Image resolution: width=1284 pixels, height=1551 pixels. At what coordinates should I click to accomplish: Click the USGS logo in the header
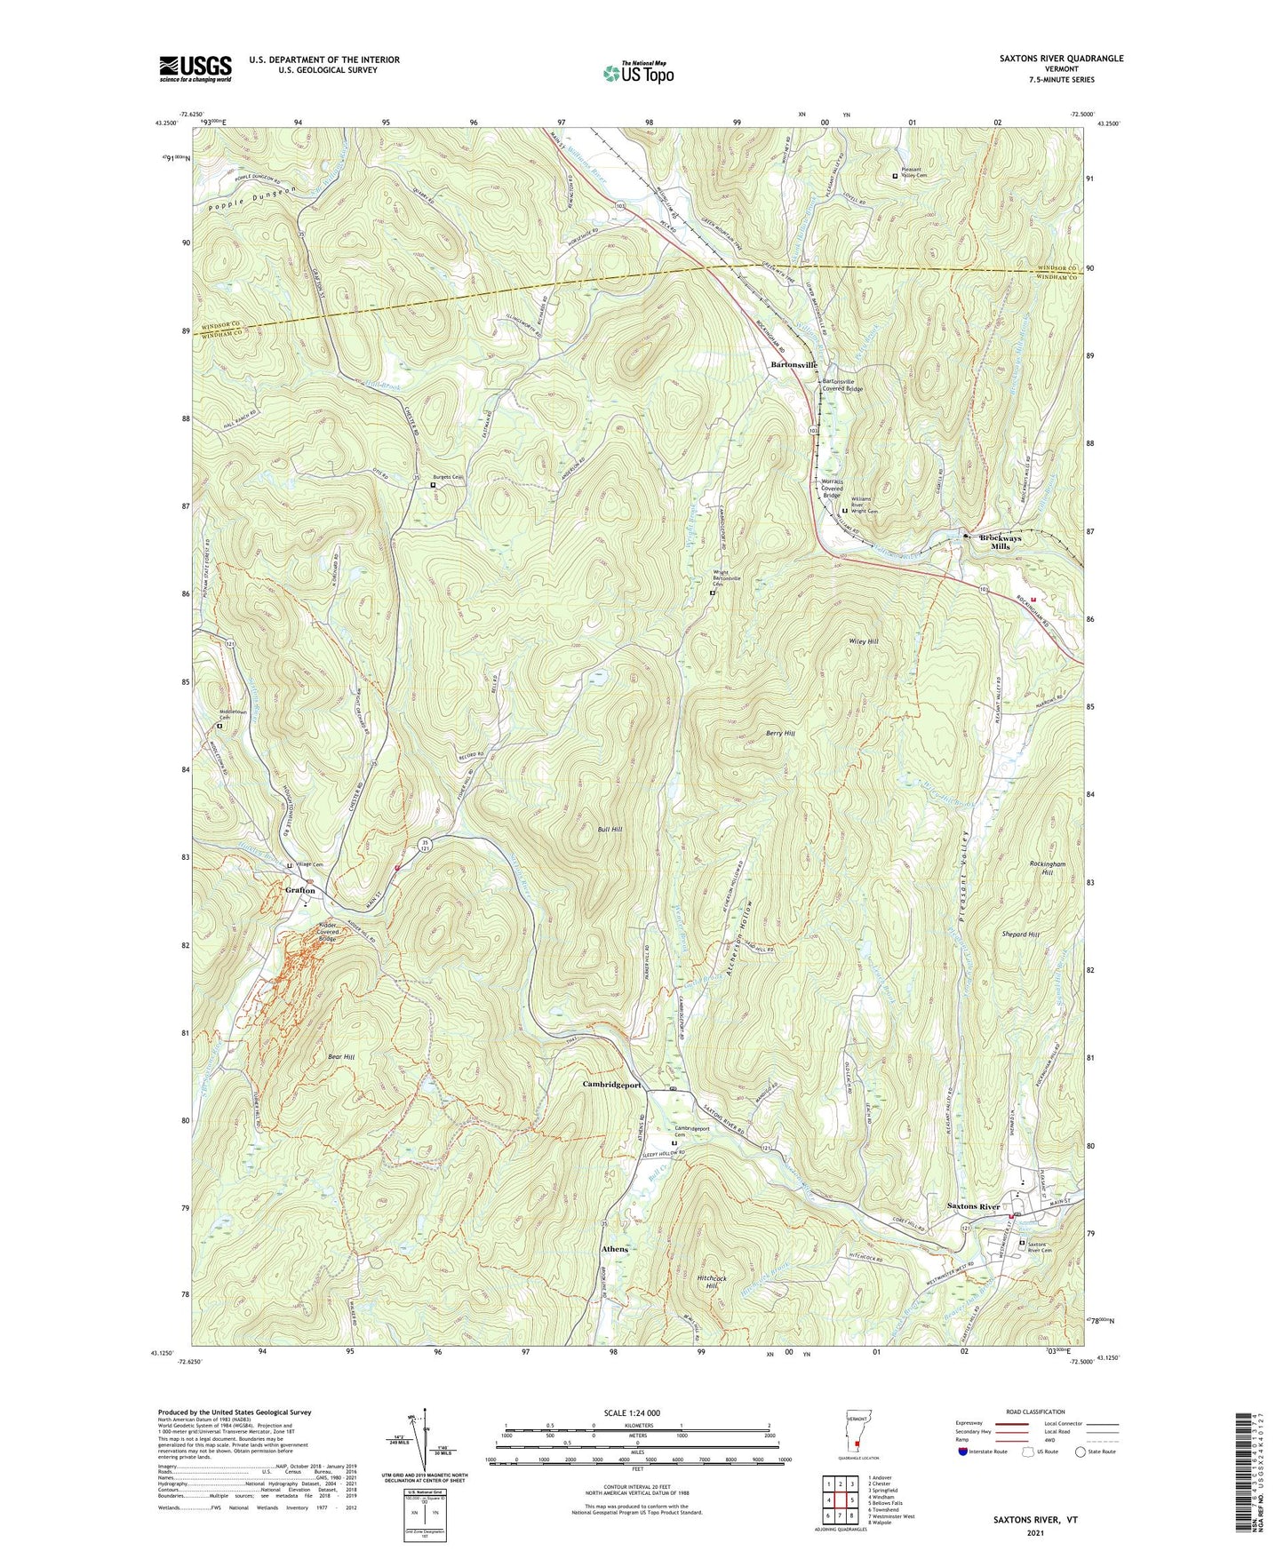point(195,68)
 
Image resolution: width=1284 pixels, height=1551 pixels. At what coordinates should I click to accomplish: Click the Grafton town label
point(300,890)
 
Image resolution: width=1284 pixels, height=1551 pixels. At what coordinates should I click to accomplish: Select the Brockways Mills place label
point(1000,542)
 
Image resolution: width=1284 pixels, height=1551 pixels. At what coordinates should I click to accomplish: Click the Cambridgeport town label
point(612,1085)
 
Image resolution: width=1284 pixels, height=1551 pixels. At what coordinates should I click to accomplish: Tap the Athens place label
point(614,1249)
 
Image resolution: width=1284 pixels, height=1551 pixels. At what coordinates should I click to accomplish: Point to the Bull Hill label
point(610,830)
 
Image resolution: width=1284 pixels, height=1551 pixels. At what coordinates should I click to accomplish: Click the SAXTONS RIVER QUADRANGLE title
point(1048,59)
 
